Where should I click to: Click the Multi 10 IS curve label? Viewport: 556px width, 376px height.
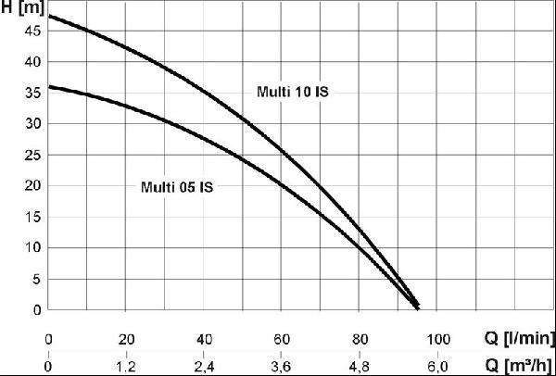(293, 92)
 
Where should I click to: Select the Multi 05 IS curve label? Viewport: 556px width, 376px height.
(177, 187)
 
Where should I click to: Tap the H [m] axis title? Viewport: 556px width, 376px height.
(22, 7)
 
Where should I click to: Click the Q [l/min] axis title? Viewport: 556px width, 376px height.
(519, 339)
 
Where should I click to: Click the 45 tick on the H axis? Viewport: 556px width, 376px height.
(32, 31)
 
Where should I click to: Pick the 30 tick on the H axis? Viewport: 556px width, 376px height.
(32, 124)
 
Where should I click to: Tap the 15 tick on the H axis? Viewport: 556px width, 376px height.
(32, 218)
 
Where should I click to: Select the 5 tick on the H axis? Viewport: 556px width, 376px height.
(36, 280)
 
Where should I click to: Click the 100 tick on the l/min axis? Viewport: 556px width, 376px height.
(438, 340)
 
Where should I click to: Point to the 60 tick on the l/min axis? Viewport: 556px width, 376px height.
(282, 340)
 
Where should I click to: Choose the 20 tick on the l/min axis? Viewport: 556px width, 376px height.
(126, 340)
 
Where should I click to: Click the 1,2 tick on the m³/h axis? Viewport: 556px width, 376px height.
(126, 367)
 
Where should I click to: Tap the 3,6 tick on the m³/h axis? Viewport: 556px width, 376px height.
(282, 367)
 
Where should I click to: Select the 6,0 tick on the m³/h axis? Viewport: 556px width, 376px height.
(438, 367)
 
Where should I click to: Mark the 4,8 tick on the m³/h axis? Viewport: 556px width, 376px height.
(360, 367)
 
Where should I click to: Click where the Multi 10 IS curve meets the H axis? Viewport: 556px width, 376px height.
(48, 17)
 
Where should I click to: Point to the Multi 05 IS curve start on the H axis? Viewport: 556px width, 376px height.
(48, 86)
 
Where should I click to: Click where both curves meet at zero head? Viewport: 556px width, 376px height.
(417, 307)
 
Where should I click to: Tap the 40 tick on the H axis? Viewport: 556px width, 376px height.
(32, 62)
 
